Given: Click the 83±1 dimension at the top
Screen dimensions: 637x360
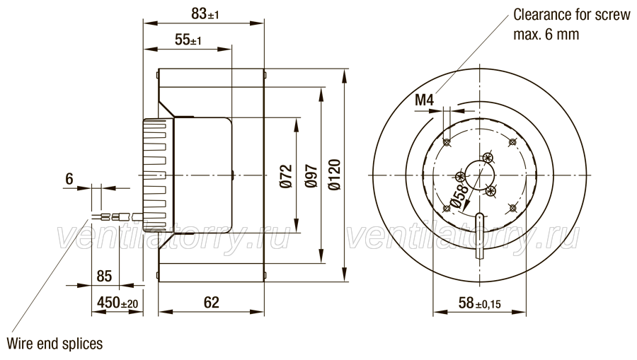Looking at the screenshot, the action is click(x=205, y=14).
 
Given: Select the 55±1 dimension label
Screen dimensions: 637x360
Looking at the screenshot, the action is click(x=188, y=40).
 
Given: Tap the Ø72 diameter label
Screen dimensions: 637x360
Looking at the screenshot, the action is click(x=286, y=176).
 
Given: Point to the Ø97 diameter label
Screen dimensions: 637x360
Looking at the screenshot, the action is click(x=311, y=176).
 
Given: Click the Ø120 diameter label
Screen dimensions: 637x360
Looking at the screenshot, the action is click(x=335, y=175).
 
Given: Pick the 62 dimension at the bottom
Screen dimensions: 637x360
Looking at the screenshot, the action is click(x=211, y=303).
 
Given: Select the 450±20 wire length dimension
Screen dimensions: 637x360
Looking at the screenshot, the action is click(x=117, y=303).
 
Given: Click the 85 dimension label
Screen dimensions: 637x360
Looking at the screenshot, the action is click(x=104, y=277).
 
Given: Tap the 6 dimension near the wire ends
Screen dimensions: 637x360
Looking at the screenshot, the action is click(x=69, y=178).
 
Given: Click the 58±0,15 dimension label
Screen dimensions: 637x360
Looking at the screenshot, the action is click(x=479, y=303).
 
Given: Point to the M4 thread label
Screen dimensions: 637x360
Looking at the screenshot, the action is click(x=425, y=100).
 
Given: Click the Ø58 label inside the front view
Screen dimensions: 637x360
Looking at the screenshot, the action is click(x=459, y=196).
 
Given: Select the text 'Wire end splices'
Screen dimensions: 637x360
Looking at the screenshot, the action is click(x=54, y=344).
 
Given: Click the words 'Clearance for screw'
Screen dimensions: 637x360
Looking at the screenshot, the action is click(x=572, y=15).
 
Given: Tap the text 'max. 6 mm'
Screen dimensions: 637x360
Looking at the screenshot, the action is click(x=546, y=35).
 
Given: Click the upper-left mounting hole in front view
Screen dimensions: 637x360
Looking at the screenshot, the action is click(x=447, y=142).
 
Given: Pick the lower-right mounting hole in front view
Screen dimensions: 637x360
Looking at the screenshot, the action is click(x=512, y=208).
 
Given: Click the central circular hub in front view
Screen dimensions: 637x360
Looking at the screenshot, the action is click(x=480, y=175).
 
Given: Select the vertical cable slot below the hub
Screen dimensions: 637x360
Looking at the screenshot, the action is click(x=480, y=236).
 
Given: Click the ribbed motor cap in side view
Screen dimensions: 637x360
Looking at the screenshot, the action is click(x=158, y=175).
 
